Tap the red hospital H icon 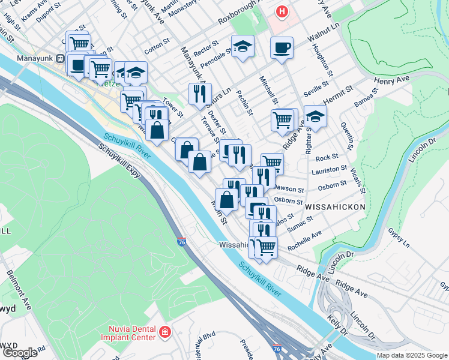coord(282,11)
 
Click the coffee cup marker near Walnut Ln coord(281,48)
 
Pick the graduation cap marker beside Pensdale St coord(243,46)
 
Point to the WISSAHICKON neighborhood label coord(335,206)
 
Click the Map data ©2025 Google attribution coord(412,355)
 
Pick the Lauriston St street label coord(330,171)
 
